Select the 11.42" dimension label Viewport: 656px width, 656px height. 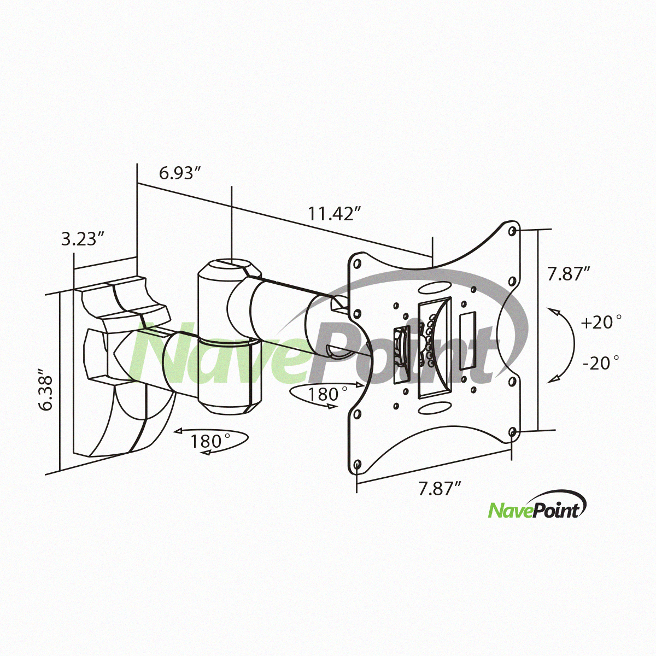(x=335, y=214)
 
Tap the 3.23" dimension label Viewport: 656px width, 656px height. (x=83, y=239)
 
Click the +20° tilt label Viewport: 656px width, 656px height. (x=601, y=321)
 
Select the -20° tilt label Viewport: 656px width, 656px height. (x=600, y=362)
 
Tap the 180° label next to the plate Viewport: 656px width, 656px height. (x=327, y=395)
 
